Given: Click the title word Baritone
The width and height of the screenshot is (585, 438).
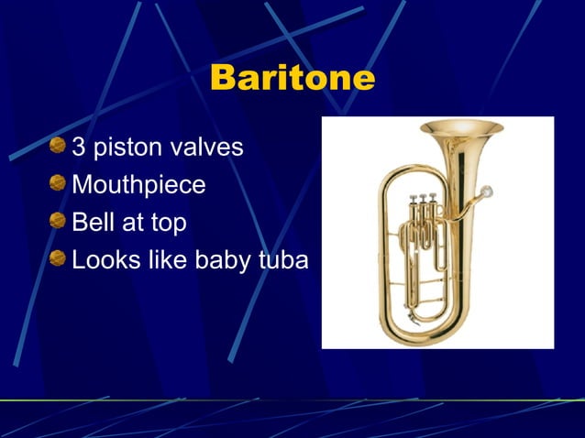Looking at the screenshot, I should click(292, 78).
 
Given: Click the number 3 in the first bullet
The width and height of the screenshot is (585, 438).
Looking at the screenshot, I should click(79, 148).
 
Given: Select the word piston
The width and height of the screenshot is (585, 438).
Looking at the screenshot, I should click(126, 148).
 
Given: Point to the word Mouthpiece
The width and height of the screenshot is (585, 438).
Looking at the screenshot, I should click(138, 186).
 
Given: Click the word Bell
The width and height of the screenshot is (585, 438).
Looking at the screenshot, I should click(91, 223).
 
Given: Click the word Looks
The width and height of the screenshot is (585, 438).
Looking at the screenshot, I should click(101, 260).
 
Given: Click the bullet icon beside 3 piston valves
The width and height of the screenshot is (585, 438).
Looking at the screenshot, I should click(59, 147).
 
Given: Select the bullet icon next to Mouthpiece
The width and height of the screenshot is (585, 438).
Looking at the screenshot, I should click(59, 184).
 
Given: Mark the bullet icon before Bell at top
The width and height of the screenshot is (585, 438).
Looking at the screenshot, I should click(59, 222).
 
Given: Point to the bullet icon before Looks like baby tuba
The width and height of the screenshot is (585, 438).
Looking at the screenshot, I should click(59, 259).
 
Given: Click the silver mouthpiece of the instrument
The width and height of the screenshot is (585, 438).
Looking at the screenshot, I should click(485, 192).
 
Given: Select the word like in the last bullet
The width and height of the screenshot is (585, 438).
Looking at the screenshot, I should click(163, 260).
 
